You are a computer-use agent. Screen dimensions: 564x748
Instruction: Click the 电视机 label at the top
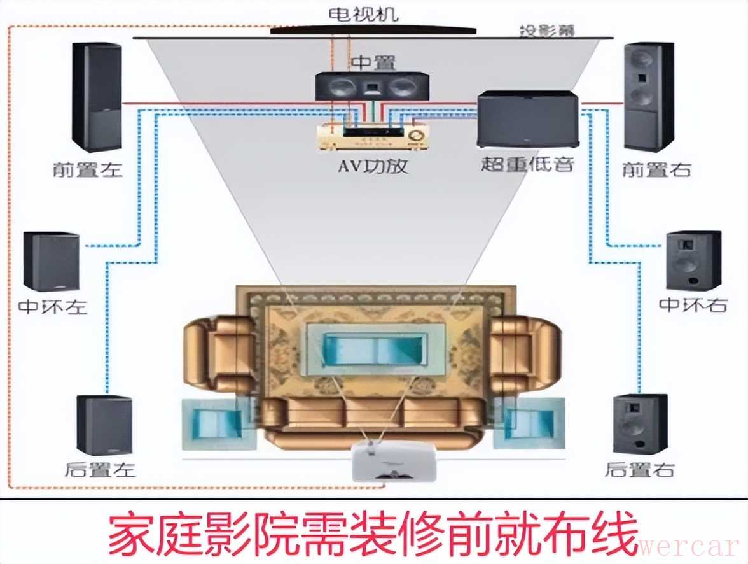[x=364, y=14]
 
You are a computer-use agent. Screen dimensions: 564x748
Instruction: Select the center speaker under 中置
[x=371, y=86]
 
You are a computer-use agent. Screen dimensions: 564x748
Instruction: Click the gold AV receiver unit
[x=372, y=136]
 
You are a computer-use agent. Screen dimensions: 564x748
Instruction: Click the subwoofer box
[x=528, y=120]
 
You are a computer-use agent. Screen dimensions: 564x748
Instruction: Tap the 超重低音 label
[x=528, y=164]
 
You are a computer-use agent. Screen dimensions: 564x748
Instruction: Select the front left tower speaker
[x=97, y=97]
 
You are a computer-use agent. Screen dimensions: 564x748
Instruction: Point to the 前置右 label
[x=657, y=170]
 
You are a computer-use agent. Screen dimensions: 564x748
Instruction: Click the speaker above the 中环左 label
[x=52, y=261]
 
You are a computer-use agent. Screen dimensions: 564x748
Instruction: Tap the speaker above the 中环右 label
[x=693, y=261]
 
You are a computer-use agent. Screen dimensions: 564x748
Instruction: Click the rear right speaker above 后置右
[x=641, y=423]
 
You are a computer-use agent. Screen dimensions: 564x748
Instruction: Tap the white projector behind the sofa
[x=394, y=460]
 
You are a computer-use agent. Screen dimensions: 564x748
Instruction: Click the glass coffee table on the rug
[x=375, y=349]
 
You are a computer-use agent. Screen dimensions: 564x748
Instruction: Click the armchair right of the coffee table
[x=525, y=350]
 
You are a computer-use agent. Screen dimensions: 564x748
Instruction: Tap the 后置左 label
[x=100, y=470]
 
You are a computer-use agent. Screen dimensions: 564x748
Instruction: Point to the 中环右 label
[x=693, y=305]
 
